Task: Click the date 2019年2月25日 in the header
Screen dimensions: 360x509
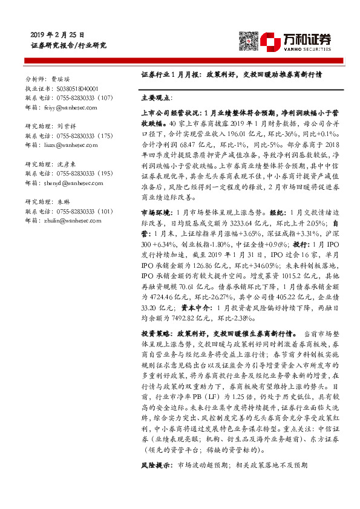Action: (57, 36)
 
